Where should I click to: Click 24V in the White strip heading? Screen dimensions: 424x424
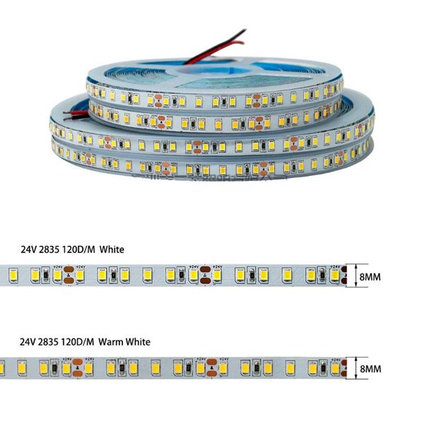[29, 249]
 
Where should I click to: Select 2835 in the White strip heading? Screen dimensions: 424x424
[52, 249]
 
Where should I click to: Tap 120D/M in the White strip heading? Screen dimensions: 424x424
[80, 249]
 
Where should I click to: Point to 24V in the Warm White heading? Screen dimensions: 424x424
[29, 342]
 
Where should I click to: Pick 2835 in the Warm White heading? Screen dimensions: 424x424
[52, 342]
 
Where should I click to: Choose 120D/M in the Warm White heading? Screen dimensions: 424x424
[80, 342]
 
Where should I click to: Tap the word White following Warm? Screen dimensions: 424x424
[139, 342]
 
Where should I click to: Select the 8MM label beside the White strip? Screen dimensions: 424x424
[370, 277]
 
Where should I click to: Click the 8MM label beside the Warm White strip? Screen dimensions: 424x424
[370, 369]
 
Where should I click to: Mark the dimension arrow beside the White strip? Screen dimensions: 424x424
[355, 277]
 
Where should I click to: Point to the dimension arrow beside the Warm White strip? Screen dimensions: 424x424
[355, 369]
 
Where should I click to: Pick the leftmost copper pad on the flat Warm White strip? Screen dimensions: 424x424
[78, 368]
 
